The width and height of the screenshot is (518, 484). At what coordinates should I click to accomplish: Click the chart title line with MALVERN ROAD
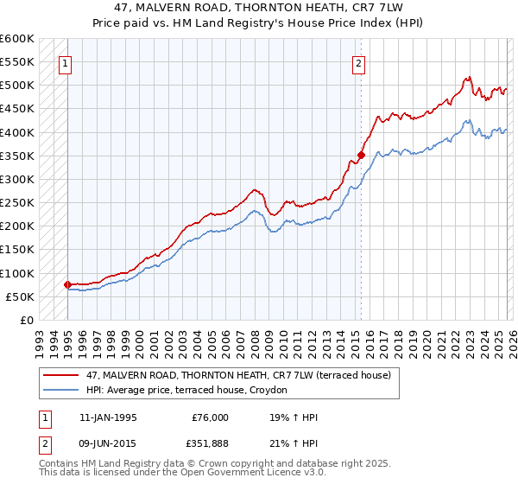[258, 7]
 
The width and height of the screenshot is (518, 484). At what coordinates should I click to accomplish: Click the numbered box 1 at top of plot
[66, 62]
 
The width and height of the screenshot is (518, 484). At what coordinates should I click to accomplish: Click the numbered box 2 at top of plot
[358, 62]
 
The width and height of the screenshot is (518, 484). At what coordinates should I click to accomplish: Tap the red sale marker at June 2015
[361, 156]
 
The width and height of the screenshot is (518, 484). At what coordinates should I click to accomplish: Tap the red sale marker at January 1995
[67, 284]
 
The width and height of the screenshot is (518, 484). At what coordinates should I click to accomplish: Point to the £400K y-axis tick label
[16, 132]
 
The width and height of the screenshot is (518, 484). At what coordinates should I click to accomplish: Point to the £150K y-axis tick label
[16, 250]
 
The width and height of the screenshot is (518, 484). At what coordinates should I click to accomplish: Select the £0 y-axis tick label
[25, 320]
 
